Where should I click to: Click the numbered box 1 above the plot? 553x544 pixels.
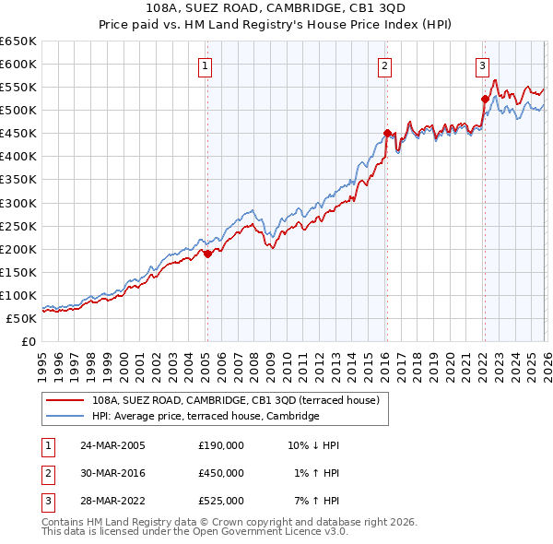click(x=204, y=65)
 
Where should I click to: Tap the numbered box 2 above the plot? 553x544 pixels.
click(x=384, y=65)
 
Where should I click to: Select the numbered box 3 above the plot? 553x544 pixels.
click(x=482, y=65)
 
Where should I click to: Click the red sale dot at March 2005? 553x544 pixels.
click(x=207, y=254)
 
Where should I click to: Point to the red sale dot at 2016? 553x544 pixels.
click(x=387, y=133)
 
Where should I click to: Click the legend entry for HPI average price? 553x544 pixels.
click(x=205, y=417)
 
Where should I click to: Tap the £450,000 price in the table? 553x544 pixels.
click(x=221, y=473)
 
